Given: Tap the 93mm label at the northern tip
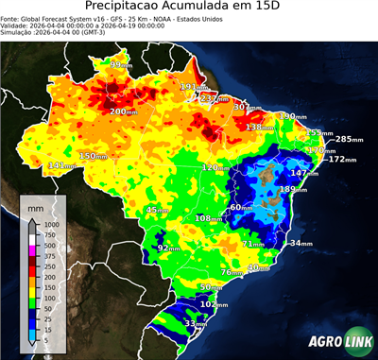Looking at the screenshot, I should (x=121, y=65).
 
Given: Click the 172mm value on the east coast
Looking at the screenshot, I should (x=341, y=160).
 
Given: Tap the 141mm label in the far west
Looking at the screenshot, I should (x=61, y=165).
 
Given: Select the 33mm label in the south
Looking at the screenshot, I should (x=195, y=324).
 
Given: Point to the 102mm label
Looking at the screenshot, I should (x=215, y=304).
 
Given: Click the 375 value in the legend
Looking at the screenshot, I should (x=51, y=256).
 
